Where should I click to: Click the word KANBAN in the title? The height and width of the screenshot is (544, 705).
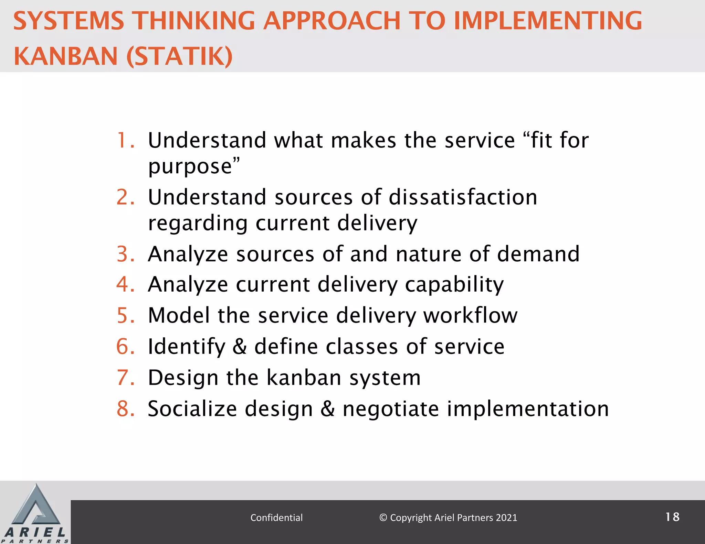(x=65, y=56)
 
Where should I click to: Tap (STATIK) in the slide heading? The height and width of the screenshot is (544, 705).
(x=180, y=56)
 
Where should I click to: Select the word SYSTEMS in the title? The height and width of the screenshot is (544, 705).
(x=69, y=21)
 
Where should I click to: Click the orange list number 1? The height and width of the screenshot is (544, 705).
(x=125, y=140)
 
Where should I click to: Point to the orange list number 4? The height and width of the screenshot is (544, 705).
(x=125, y=284)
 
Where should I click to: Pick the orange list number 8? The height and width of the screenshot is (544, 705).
(x=125, y=409)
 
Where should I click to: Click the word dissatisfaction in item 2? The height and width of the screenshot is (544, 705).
(x=463, y=197)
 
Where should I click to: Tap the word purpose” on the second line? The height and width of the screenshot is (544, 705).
(x=194, y=167)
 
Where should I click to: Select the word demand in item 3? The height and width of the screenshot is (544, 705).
(x=538, y=254)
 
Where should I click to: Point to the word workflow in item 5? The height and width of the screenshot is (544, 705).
(x=470, y=315)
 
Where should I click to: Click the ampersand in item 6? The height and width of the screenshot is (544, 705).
(x=240, y=347)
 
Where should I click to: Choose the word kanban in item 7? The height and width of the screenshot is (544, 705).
(x=304, y=378)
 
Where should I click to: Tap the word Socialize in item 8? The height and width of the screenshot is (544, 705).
(x=192, y=409)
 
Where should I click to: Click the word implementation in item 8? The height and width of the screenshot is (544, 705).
(x=528, y=409)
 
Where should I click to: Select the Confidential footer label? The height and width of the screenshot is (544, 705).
(x=276, y=518)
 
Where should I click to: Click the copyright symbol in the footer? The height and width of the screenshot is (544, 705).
(x=383, y=518)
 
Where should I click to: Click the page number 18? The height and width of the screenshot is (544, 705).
(x=672, y=517)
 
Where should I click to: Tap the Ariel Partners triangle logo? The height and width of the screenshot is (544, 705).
(x=35, y=507)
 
